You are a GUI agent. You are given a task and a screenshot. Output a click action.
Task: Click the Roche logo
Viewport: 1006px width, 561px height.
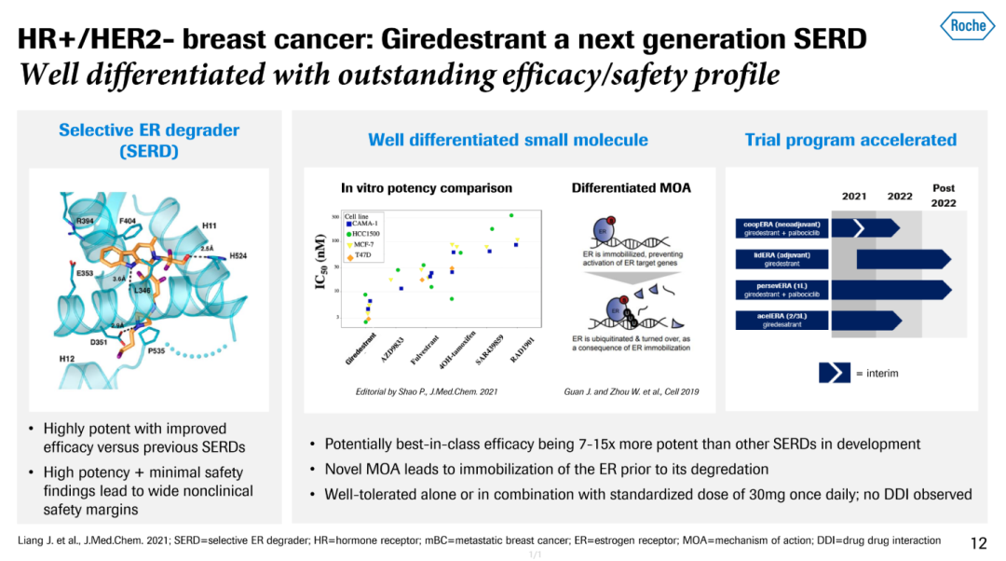[967, 25]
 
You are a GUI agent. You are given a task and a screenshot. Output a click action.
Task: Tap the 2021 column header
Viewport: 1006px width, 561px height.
[854, 196]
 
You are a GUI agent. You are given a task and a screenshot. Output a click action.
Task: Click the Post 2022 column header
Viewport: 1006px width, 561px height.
[943, 195]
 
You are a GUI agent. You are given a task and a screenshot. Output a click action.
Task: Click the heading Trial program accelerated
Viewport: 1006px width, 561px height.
[850, 140]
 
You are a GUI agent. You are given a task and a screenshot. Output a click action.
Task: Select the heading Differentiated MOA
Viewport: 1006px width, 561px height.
[631, 187]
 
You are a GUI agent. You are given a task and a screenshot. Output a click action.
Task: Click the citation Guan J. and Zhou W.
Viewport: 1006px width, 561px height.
[631, 391]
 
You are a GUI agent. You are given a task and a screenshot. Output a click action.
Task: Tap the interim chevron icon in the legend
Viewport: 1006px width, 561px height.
[834, 373]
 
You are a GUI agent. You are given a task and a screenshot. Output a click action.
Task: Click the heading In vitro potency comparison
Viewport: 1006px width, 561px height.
[427, 187]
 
